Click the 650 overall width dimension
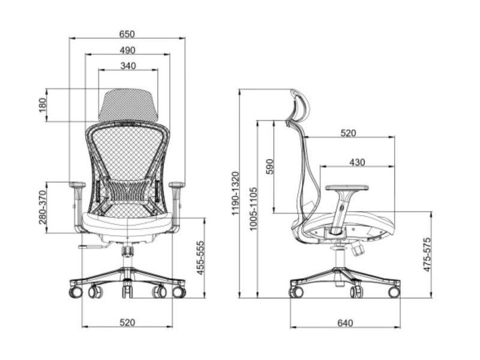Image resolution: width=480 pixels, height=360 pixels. [x=127, y=34]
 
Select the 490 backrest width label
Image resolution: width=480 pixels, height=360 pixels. [x=127, y=50]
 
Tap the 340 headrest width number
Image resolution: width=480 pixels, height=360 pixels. [x=128, y=66]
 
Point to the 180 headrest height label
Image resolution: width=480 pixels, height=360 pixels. [x=43, y=105]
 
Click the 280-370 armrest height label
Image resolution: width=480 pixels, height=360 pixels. [x=43, y=207]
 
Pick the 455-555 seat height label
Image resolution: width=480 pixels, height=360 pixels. [x=200, y=258]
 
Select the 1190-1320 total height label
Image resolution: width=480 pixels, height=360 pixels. [x=235, y=193]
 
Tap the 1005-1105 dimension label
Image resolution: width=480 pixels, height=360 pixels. [x=253, y=209]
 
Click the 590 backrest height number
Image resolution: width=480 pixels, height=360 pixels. [x=269, y=166]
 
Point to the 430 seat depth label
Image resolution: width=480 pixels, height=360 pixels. [x=357, y=162]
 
